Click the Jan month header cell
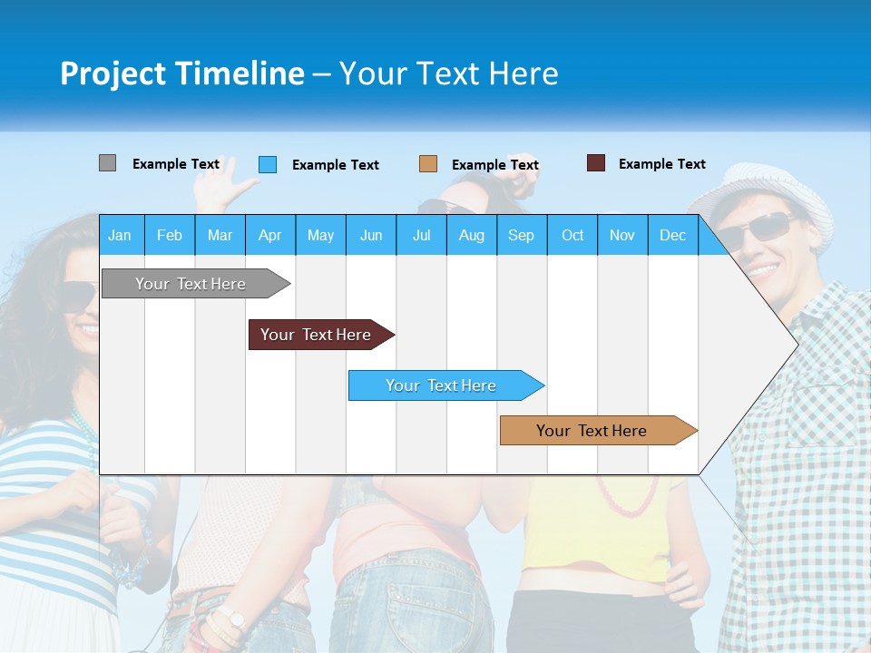coord(121,235)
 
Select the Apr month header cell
coord(270,235)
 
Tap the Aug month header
coord(471,235)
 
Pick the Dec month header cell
coord(672,235)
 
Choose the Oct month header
coord(573,235)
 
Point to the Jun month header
coord(371,235)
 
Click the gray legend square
coord(107,163)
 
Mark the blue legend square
coord(268,164)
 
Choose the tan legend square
coord(428,164)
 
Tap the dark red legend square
coord(596,163)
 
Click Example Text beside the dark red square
coord(661,164)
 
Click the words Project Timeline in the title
coord(181,73)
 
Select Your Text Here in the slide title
coord(448,73)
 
